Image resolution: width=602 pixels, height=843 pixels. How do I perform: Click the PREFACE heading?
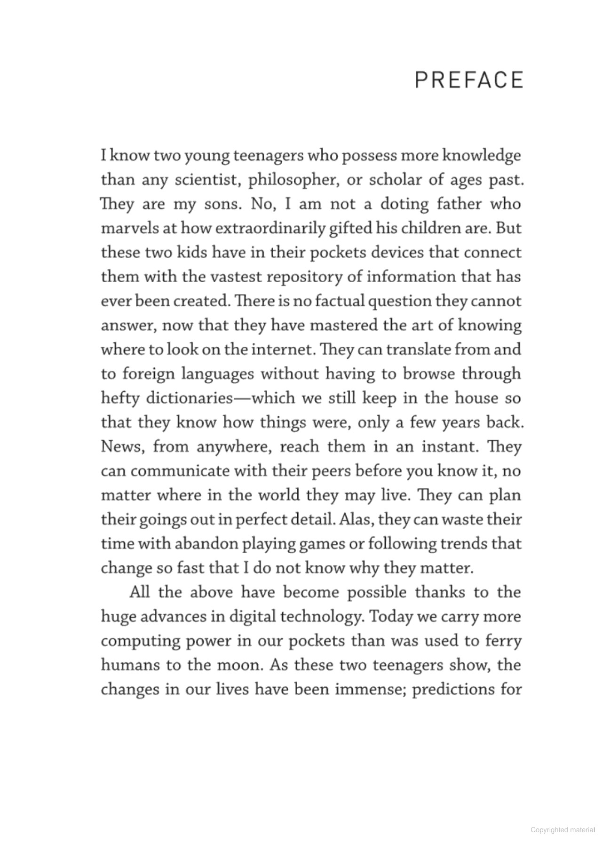pyautogui.click(x=469, y=80)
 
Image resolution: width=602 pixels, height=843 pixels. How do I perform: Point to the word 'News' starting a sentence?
pyautogui.click(x=122, y=446)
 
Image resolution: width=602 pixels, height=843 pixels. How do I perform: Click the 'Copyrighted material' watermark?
pyautogui.click(x=562, y=829)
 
